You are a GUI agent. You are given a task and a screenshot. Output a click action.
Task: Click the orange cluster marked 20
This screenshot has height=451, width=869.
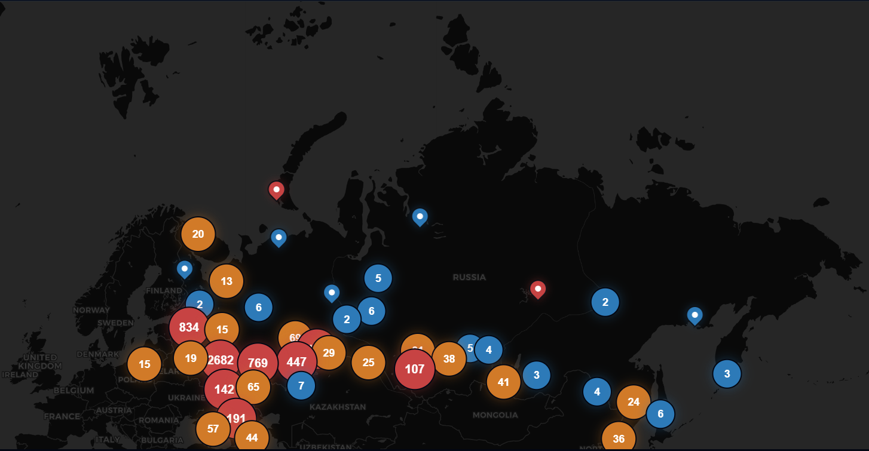click(x=198, y=234)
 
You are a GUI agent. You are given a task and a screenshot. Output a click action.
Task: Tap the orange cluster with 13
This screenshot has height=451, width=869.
click(x=227, y=281)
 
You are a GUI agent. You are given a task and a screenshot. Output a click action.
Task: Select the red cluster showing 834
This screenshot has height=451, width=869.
click(x=189, y=327)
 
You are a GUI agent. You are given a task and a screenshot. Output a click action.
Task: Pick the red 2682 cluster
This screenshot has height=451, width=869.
click(x=221, y=360)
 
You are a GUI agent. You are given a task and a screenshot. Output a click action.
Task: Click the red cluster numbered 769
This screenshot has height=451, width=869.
click(x=258, y=363)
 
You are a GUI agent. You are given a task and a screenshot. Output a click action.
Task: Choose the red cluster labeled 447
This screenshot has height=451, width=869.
click(x=296, y=361)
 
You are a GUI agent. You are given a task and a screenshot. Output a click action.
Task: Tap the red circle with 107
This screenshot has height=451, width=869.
click(x=415, y=369)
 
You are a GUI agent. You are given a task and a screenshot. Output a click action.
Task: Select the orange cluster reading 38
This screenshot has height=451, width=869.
click(x=449, y=359)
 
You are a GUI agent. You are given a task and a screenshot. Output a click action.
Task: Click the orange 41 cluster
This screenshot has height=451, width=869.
click(x=504, y=382)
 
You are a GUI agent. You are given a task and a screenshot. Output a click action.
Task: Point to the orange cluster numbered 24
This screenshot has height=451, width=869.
click(x=634, y=402)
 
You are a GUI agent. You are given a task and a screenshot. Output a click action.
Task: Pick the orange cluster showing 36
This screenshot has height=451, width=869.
click(x=619, y=438)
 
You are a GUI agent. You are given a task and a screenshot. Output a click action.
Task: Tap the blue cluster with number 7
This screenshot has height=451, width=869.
click(x=301, y=385)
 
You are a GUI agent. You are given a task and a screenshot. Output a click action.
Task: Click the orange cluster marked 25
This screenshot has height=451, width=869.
click(x=368, y=363)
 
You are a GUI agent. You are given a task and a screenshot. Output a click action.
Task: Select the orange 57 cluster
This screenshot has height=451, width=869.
click(x=213, y=429)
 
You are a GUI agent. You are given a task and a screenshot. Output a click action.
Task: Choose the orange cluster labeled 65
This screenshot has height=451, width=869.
click(x=253, y=386)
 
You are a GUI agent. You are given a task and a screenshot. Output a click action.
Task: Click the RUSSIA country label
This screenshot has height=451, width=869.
click(x=469, y=277)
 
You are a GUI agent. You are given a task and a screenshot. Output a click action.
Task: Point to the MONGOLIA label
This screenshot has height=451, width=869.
click(x=495, y=415)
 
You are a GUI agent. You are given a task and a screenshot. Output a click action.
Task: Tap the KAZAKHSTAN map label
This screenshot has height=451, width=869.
click(x=338, y=407)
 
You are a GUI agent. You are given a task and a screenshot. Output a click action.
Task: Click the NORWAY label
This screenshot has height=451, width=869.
click(x=91, y=310)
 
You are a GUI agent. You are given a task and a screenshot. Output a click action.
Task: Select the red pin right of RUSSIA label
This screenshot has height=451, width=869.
click(x=538, y=289)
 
